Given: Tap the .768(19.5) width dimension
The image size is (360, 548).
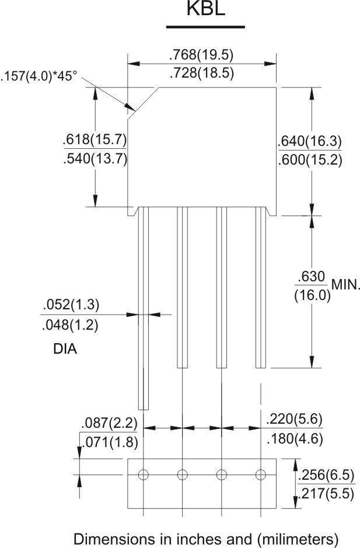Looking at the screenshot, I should click(201, 55).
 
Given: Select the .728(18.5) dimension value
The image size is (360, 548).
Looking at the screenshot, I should click(201, 74).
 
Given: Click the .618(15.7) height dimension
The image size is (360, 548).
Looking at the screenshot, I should click(95, 141).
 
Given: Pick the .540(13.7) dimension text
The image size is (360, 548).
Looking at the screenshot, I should click(95, 159).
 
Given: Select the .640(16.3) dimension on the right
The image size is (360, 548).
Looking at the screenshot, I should click(310, 142).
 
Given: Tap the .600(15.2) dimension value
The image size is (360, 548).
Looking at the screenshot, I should click(310, 160).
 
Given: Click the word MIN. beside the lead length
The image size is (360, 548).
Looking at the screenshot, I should click(346, 285).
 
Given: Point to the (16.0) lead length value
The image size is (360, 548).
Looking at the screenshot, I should click(312, 294).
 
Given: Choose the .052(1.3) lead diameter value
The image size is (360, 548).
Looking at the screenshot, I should click(71, 305).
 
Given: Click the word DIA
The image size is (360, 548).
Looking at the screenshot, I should click(65, 350).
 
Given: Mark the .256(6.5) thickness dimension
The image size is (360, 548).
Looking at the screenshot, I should click(324, 476).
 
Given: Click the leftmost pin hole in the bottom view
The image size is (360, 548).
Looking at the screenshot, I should click(144, 474).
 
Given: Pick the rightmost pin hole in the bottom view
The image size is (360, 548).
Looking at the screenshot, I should click(261, 474).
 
